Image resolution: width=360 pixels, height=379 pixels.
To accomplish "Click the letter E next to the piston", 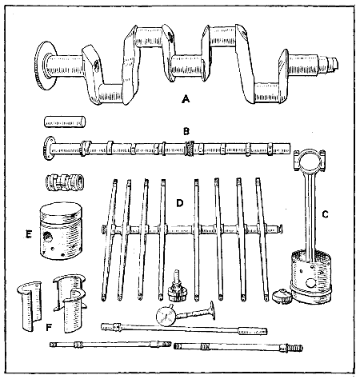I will pyautogui.click(x=28, y=237).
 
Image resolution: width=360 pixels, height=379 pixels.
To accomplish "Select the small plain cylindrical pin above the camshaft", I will pyautogui.click(x=63, y=122).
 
